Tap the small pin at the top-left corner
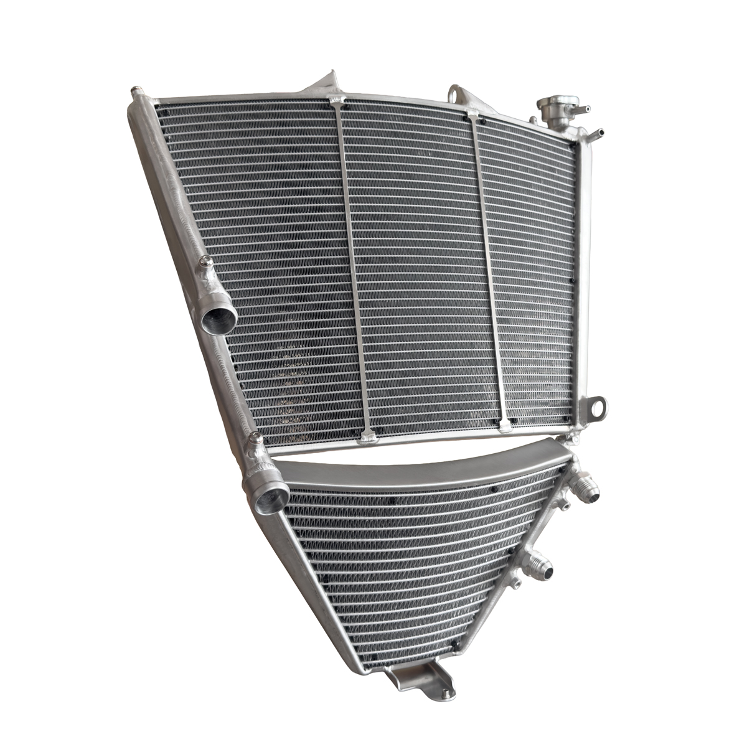tap(134, 93)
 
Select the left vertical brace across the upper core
tap(353, 268)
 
